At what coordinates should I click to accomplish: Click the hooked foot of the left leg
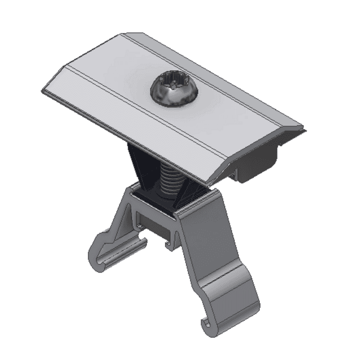[x=100, y=258]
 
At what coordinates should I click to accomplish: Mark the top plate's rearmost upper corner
[x=123, y=34]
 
